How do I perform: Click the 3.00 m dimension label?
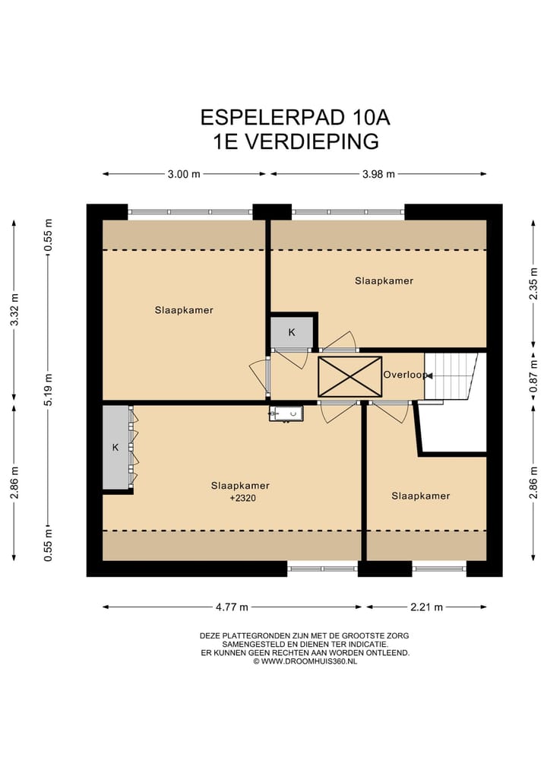click(184, 174)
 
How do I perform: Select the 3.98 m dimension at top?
click(378, 174)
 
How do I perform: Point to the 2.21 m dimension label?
click(426, 607)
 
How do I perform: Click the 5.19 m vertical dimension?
click(49, 388)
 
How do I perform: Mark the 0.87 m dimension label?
click(533, 378)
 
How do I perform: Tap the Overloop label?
click(404, 375)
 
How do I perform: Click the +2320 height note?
click(240, 499)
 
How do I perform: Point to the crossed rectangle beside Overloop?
click(349, 376)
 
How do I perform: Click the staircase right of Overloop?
click(454, 375)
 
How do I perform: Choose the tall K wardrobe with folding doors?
click(116, 448)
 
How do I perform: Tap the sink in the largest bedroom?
click(286, 413)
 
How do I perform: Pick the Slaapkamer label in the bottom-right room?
click(420, 496)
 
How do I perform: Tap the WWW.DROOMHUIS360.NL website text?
click(309, 661)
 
